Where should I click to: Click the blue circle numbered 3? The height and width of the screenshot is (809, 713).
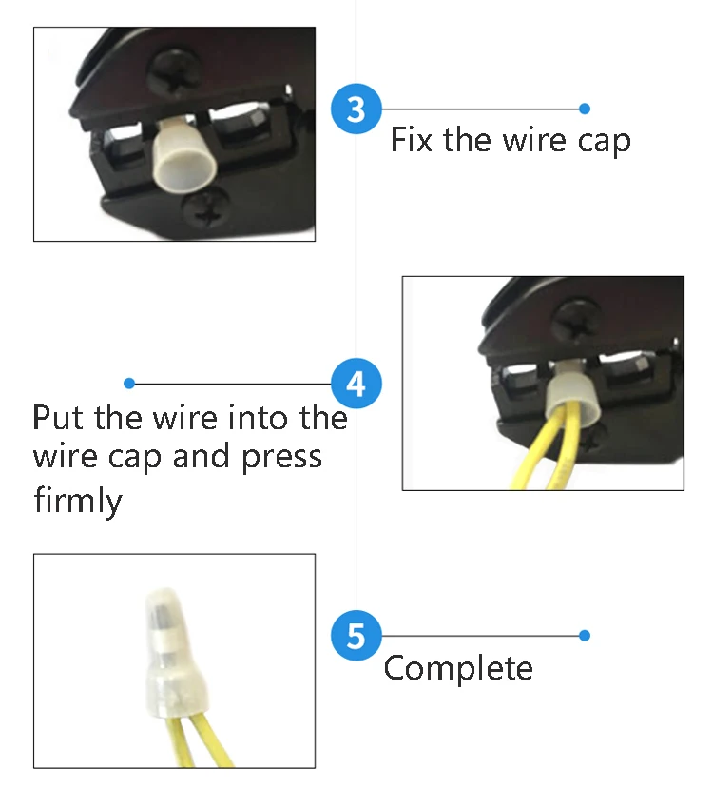pos(356,109)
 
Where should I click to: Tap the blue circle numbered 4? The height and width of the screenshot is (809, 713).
pos(356,384)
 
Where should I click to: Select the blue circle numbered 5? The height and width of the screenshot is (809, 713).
pos(356,636)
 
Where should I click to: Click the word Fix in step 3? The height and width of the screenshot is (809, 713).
pos(411,139)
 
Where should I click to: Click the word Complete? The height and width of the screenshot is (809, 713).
pos(458,669)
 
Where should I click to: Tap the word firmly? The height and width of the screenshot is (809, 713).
pos(78,500)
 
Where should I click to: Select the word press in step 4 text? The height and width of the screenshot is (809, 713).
pos(281,458)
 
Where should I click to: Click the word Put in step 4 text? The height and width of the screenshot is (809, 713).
pos(58,417)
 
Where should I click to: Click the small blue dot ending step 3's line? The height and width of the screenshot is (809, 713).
pos(585,109)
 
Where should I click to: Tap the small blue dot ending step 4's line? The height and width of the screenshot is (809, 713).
pos(129,383)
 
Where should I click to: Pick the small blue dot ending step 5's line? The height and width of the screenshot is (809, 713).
pos(585,635)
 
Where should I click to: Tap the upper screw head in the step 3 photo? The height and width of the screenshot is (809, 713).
pos(174,72)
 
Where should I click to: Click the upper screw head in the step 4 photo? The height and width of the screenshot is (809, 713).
pos(579,321)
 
